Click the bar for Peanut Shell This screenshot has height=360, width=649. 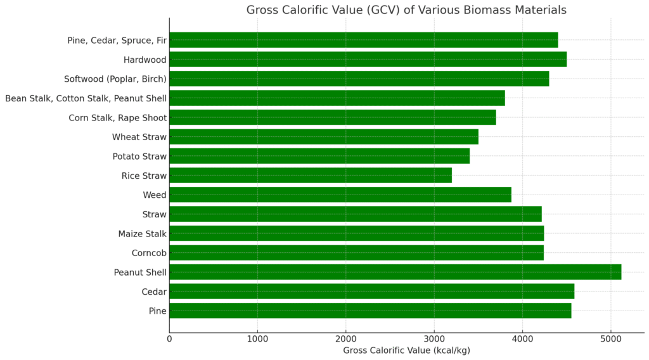tap(395, 273)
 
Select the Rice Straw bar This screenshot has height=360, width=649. tap(311, 176)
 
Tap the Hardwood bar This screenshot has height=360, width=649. tap(368, 60)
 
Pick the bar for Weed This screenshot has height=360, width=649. tap(340, 195)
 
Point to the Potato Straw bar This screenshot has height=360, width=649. tap(319, 156)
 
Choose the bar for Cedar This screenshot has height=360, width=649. tap(371, 292)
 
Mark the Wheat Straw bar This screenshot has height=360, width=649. tap(323, 137)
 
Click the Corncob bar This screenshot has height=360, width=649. tap(356, 253)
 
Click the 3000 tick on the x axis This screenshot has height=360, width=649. tap(434, 338)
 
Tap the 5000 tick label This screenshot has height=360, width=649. tap(610, 338)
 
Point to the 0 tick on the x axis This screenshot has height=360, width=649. tap(169, 338)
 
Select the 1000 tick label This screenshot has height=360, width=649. tap(257, 338)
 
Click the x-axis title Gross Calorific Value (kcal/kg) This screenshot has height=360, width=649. tap(406, 350)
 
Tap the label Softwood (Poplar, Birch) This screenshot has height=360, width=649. tap(115, 79)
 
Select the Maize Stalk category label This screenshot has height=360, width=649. tap(142, 234)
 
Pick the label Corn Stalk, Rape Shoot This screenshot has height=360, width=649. tap(117, 118)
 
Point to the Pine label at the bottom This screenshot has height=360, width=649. tap(157, 311)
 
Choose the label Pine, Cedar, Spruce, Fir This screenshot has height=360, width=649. tap(117, 41)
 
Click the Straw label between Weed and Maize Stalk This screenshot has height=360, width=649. tap(155, 214)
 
